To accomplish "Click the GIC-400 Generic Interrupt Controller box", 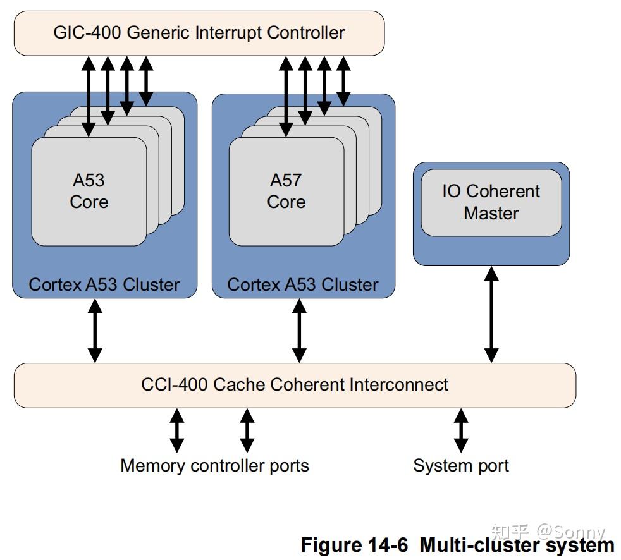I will (x=199, y=33).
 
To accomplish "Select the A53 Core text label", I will (x=89, y=191).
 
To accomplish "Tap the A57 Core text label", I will (x=286, y=191).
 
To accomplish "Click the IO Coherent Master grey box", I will (x=491, y=202).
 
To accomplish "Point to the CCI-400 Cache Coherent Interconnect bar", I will (x=295, y=384).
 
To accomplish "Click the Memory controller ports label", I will (x=214, y=466).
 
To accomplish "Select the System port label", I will (x=460, y=466).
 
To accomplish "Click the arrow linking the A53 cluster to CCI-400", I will (x=95, y=331).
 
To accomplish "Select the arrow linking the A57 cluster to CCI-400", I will (x=299, y=331).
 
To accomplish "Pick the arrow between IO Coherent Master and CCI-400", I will (x=491, y=314).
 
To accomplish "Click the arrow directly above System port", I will (x=462, y=430).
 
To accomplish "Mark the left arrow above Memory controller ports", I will (x=177, y=430).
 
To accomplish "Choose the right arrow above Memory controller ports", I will (x=247, y=430).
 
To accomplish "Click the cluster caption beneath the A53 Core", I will (x=104, y=284).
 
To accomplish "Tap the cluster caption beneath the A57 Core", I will (x=302, y=284).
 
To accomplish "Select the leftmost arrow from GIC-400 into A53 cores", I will (x=89, y=95).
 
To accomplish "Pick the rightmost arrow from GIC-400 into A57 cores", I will (x=343, y=81).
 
